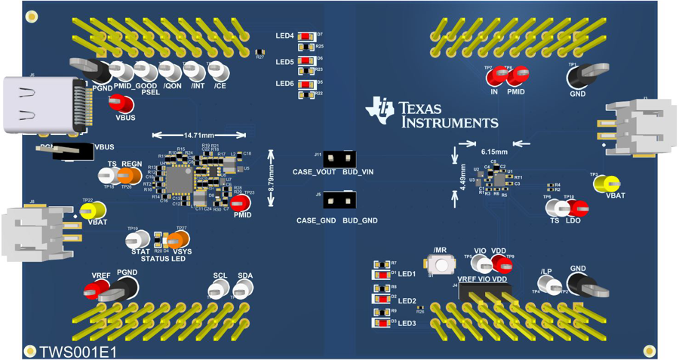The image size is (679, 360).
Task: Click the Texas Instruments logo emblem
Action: (379, 110)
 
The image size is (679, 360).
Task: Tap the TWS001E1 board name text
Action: (78, 352)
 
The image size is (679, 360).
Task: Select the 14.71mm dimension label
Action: (198, 135)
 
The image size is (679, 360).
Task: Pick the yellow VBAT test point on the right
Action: (608, 183)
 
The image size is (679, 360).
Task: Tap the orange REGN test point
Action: (129, 176)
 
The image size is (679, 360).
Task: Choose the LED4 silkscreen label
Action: (284, 36)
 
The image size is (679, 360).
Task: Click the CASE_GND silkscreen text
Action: (315, 220)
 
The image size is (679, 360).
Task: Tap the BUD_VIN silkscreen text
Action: (358, 172)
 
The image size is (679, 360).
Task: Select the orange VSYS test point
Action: (180, 239)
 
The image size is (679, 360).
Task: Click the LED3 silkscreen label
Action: (407, 324)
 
